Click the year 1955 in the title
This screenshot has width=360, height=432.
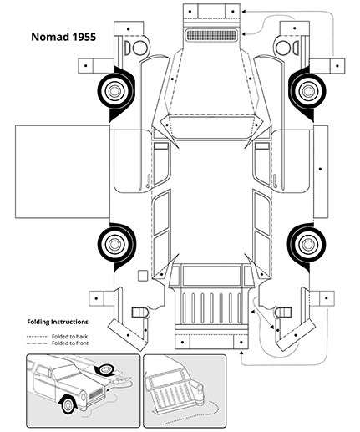[x=84, y=37]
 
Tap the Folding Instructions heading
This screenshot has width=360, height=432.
[x=58, y=322]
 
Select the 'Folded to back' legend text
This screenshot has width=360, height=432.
[x=69, y=337]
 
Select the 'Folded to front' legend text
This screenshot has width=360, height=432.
[x=70, y=343]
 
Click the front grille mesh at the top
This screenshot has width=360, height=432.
[x=211, y=35]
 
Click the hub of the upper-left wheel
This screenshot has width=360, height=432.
[x=114, y=90]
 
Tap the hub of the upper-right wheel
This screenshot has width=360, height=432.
[x=307, y=91]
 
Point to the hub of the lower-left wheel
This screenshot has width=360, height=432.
[x=114, y=244]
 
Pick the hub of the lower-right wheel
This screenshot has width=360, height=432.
[x=307, y=244]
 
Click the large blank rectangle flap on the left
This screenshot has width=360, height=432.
[x=63, y=171]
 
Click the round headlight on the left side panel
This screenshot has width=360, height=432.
[x=140, y=48]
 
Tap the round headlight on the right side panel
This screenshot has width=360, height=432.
[x=283, y=48]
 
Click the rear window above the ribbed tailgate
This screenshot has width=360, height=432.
[x=211, y=275]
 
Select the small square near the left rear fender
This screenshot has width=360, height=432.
[x=143, y=276]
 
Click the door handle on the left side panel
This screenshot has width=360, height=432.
[x=148, y=180]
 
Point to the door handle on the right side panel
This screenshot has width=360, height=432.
[x=275, y=180]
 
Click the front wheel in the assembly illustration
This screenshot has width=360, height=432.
[x=68, y=404]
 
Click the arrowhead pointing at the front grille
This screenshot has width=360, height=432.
[x=244, y=34]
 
